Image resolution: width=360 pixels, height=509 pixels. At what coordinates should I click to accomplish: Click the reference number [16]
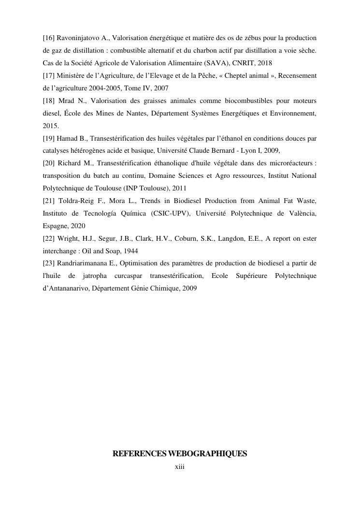[x=49, y=38]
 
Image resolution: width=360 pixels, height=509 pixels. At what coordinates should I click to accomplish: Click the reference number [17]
[x=49, y=75]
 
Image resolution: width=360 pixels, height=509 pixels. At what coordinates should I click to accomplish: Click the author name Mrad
[x=67, y=101]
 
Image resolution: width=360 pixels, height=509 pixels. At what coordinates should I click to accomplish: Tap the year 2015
[x=51, y=126]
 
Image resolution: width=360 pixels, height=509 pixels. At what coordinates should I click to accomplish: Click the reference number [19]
[x=49, y=138]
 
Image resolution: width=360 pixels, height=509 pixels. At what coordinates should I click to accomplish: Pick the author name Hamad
[x=68, y=138]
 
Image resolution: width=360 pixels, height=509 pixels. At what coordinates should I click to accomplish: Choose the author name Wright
[x=68, y=239]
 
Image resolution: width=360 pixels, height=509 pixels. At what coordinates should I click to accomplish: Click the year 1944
[x=130, y=251]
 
